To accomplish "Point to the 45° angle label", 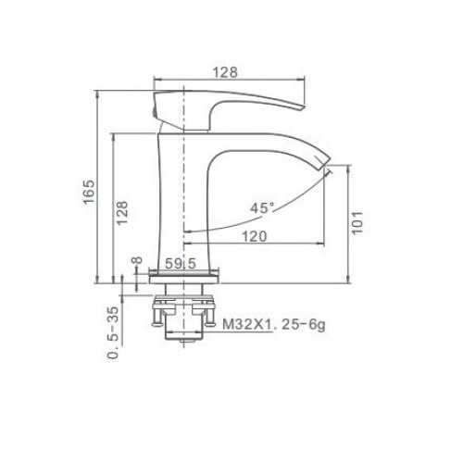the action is tap(262, 208).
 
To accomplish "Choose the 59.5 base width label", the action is tap(181, 264).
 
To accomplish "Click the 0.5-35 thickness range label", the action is tap(113, 332).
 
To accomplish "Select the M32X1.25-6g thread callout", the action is tap(274, 324).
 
